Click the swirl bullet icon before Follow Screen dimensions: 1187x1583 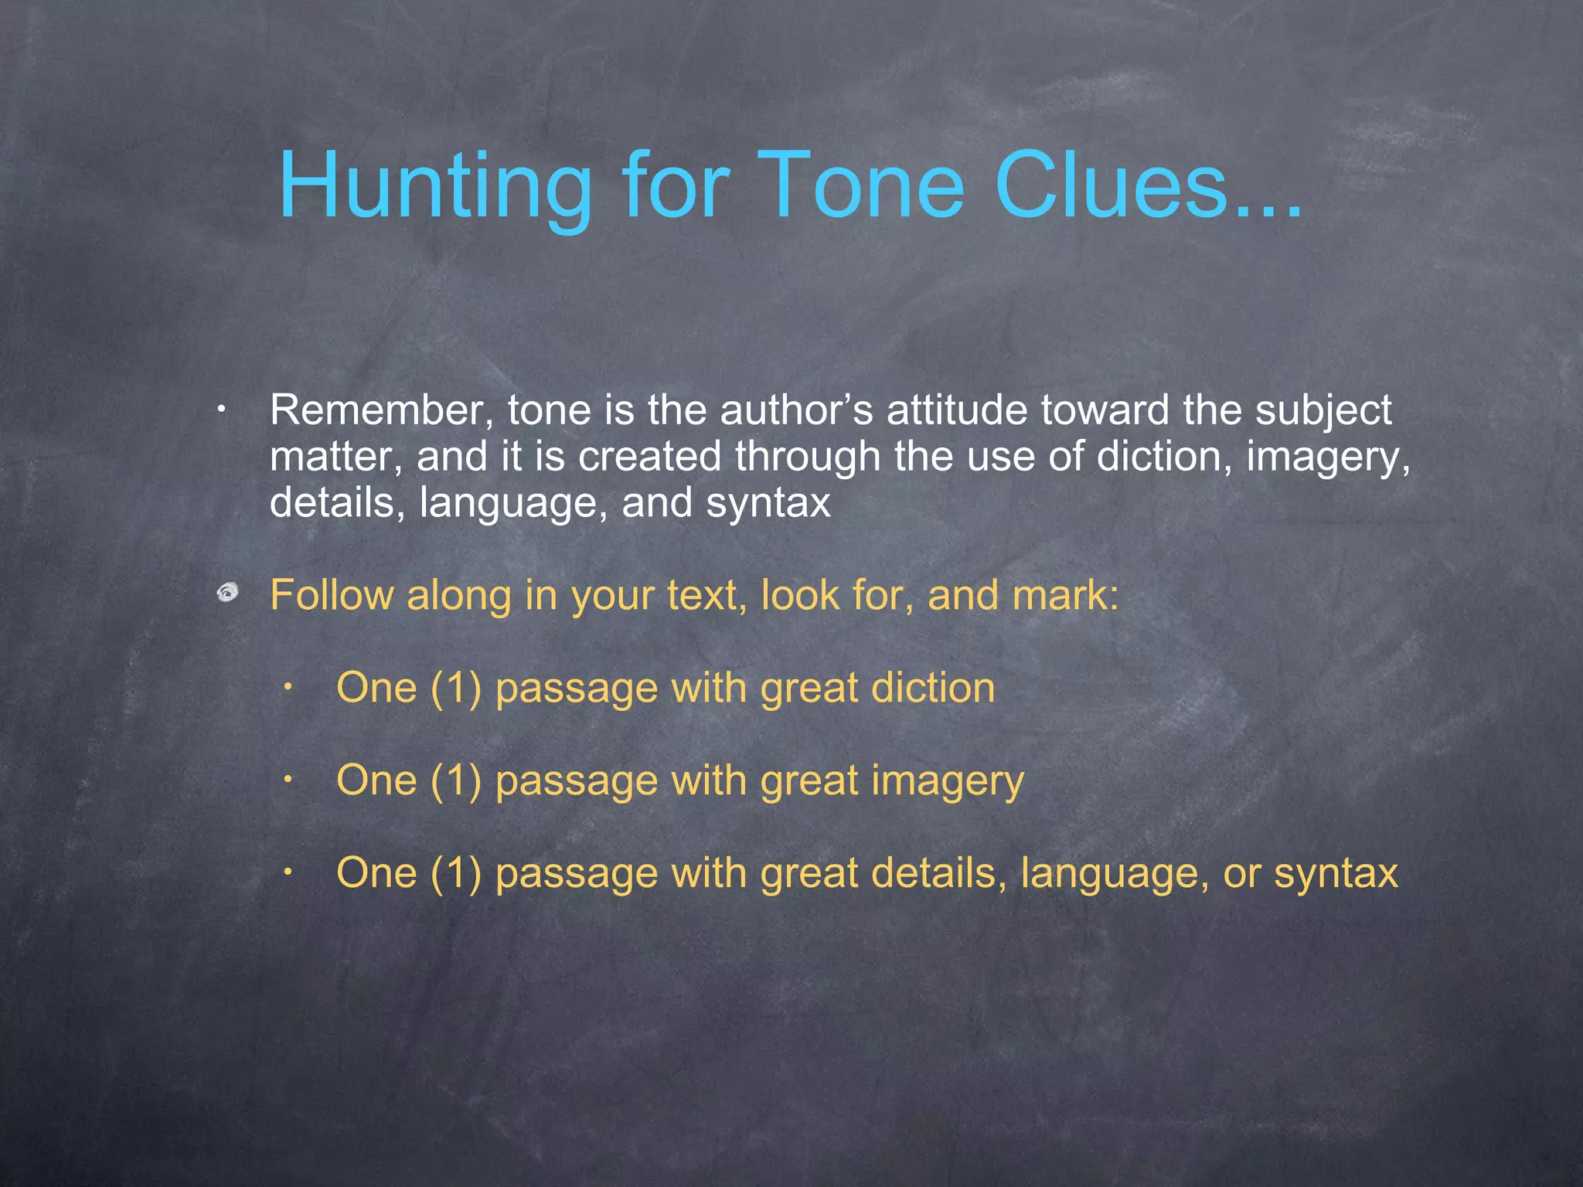point(226,593)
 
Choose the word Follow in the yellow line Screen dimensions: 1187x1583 point(330,596)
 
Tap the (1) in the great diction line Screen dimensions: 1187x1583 point(456,688)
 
